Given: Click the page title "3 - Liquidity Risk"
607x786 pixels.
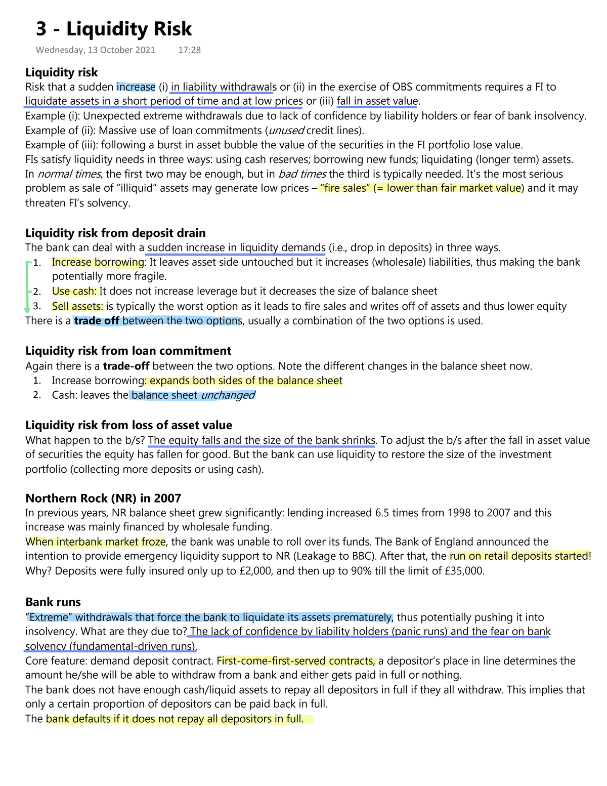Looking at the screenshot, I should coord(114,29).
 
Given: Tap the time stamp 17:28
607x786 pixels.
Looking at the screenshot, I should coord(190,50).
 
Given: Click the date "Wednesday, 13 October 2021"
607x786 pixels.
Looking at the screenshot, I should coord(96,50).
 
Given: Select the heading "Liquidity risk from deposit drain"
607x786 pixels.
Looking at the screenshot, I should coord(115,233).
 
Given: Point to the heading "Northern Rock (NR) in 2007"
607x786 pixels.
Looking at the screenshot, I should coord(103,498).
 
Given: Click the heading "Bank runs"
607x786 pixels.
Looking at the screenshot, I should coord(53,602).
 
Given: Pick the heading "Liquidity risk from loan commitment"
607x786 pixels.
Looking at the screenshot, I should coord(128,351).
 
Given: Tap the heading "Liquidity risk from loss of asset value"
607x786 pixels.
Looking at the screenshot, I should coord(128,425).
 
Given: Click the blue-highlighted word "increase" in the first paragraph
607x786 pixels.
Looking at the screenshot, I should coord(136,87).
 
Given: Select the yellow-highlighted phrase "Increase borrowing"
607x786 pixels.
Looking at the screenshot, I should coord(98,262).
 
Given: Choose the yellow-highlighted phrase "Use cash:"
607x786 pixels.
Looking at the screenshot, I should coord(74,291).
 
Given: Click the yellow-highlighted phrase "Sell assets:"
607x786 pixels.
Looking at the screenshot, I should coord(77,306).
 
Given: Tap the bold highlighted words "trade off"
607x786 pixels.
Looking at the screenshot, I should coord(97,321).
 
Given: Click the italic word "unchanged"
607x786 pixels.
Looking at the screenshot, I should coord(228,395).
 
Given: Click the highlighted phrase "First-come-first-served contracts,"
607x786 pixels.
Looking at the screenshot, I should coord(296,661).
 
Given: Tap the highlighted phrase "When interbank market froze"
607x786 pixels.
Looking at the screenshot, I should coord(96,542).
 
